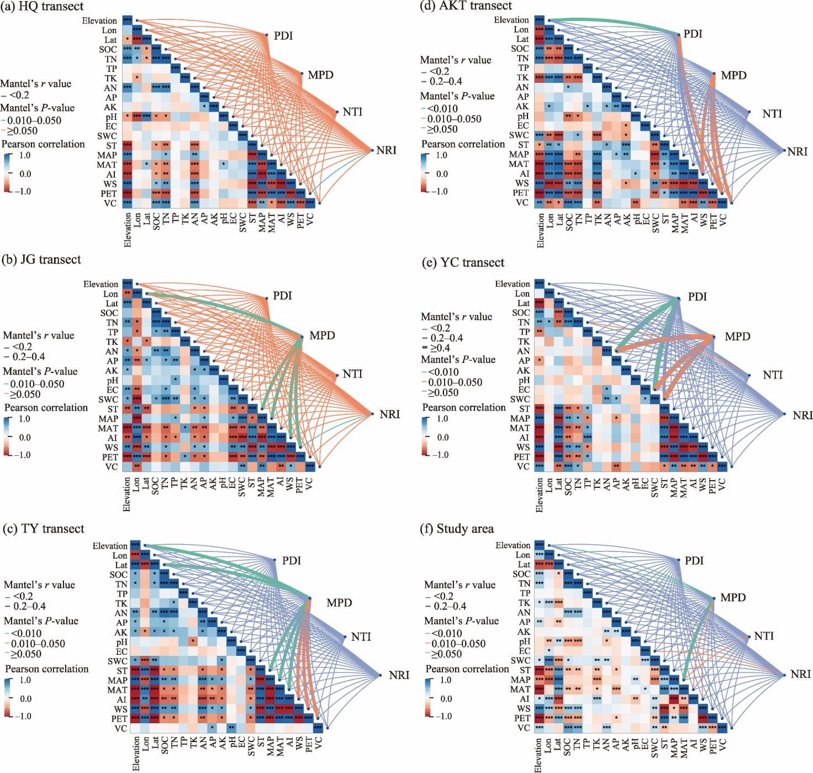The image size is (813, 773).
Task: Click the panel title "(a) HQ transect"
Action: pyautogui.click(x=43, y=7)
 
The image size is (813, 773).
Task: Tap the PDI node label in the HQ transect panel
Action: pyautogui.click(x=283, y=36)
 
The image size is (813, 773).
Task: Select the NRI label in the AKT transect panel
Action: pyautogui.click(x=797, y=151)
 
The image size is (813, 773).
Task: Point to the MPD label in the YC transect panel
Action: pyautogui.click(x=737, y=336)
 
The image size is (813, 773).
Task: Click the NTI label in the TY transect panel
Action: pyautogui.click(x=361, y=637)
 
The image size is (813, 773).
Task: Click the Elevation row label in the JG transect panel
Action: pyautogui.click(x=101, y=284)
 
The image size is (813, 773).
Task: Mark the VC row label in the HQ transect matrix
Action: pyautogui.click(x=110, y=203)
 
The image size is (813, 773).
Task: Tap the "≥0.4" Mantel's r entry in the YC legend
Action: pyautogui.click(x=440, y=348)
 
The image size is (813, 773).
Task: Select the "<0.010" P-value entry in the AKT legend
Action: pyautogui.click(x=442, y=108)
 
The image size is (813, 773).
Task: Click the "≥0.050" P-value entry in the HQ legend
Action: pyautogui.click(x=23, y=131)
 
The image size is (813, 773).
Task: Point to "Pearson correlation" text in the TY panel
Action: pyautogui.click(x=47, y=669)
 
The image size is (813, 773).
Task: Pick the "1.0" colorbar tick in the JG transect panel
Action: pyautogui.click(x=25, y=419)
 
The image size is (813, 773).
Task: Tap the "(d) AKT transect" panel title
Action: pyautogui.click(x=466, y=6)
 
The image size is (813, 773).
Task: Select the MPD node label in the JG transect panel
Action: pyautogui.click(x=322, y=335)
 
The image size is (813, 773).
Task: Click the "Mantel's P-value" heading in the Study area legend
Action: pyautogui.click(x=461, y=621)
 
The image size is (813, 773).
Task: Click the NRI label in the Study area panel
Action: pyautogui.click(x=800, y=674)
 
